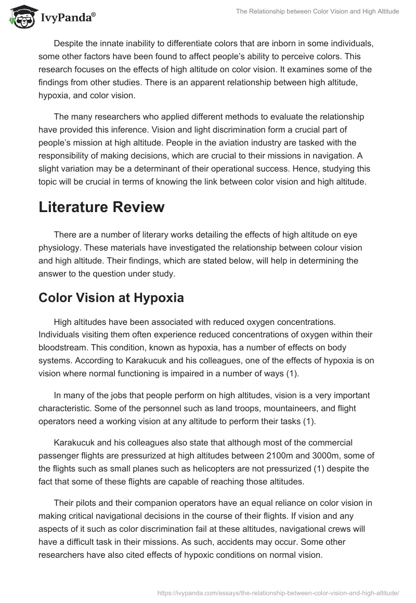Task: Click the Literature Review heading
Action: click(101, 207)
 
